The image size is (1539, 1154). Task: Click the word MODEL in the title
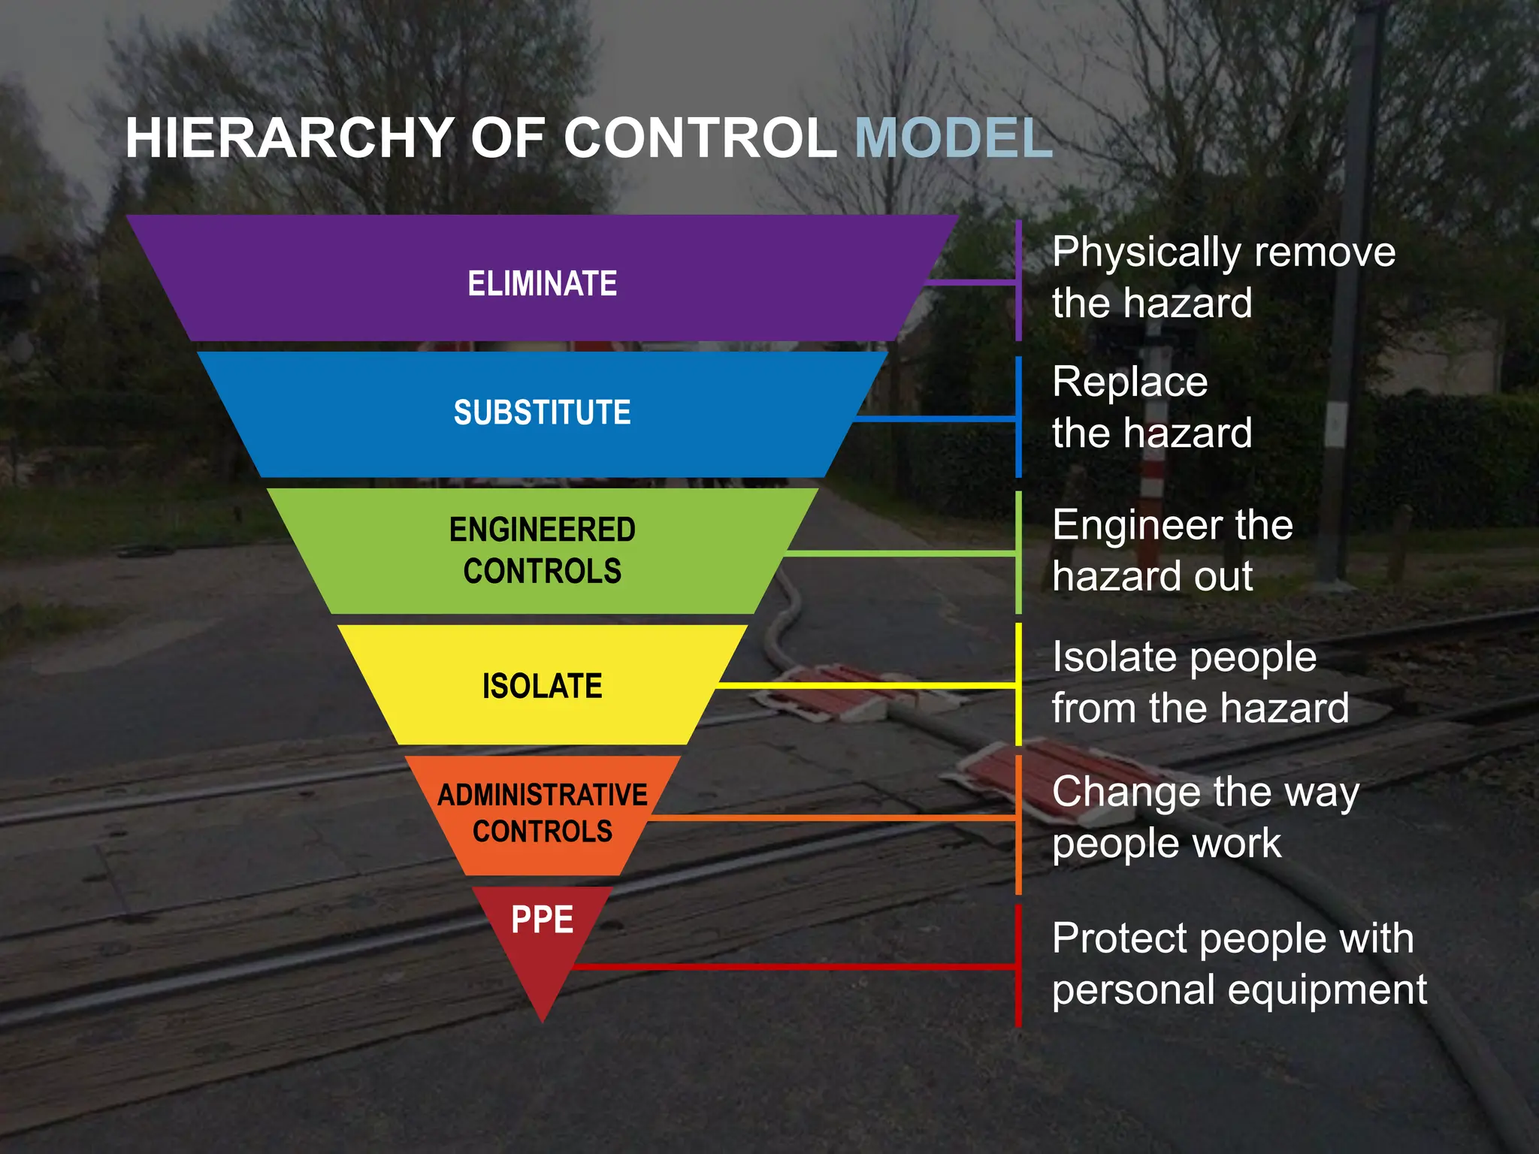click(953, 138)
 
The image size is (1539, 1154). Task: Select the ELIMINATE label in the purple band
click(542, 284)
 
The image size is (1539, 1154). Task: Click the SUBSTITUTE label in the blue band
click(542, 412)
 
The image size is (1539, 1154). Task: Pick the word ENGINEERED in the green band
click(542, 530)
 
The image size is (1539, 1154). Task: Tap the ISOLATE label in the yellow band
click(542, 686)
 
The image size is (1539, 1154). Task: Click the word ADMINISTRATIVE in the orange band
click(542, 795)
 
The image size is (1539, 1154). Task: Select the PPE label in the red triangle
click(542, 920)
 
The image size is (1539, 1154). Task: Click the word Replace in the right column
click(1129, 382)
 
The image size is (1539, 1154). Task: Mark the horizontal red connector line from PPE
click(789, 966)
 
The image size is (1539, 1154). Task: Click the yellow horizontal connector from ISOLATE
click(864, 686)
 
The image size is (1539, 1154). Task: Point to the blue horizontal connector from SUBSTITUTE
click(936, 418)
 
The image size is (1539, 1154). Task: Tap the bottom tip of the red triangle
click(542, 1017)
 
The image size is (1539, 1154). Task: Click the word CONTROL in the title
click(700, 138)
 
